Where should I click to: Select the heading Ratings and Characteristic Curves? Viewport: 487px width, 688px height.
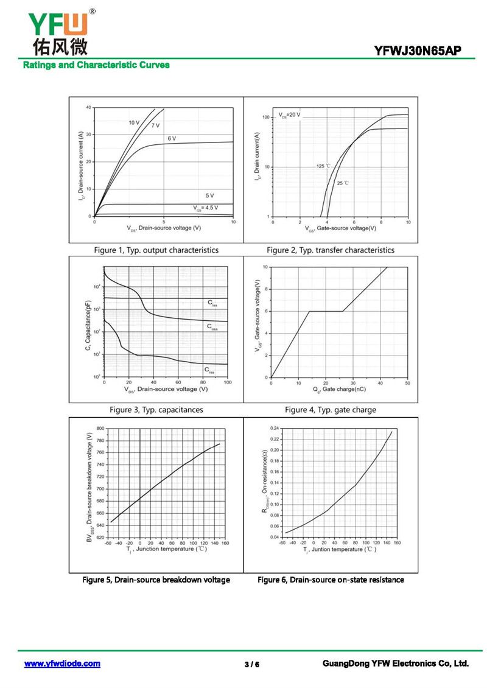(x=96, y=65)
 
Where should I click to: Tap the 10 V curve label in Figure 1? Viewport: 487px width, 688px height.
(x=134, y=122)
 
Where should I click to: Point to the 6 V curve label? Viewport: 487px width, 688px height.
(x=172, y=139)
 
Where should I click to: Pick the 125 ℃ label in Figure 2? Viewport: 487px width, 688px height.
(x=323, y=166)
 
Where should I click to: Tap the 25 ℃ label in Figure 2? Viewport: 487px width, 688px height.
(x=343, y=183)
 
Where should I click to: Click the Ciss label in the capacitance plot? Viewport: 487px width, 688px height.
(x=211, y=302)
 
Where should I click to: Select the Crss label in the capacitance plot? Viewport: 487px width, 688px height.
(x=209, y=369)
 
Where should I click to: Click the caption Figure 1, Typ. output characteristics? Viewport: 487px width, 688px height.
(x=156, y=250)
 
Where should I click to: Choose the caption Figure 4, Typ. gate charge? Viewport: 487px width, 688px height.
(x=331, y=410)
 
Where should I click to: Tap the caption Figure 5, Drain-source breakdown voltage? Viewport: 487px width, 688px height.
(x=156, y=580)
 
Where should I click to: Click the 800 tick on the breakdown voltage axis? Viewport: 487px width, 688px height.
(x=100, y=429)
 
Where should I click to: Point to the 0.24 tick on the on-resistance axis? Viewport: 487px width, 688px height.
(x=273, y=428)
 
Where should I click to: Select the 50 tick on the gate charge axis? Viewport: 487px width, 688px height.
(x=407, y=383)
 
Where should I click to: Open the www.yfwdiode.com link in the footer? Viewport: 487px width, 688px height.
(x=62, y=664)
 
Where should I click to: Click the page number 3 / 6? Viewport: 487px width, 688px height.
(x=252, y=664)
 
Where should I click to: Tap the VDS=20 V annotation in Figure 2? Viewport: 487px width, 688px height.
(x=290, y=114)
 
